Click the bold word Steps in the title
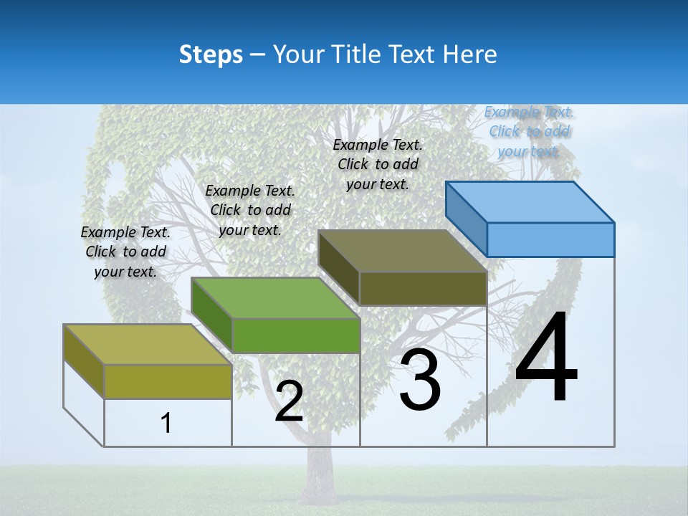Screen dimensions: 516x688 pyautogui.click(x=211, y=54)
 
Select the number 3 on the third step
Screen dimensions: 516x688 pyautogui.click(x=420, y=381)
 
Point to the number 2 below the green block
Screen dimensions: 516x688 pyautogui.click(x=289, y=401)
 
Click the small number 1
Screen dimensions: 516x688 pyautogui.click(x=166, y=423)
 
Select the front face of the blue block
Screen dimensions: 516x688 pyautogui.click(x=550, y=239)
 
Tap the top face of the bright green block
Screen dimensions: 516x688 pyautogui.click(x=275, y=297)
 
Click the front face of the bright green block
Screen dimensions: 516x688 pyautogui.click(x=296, y=335)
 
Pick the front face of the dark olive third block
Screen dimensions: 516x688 pyautogui.click(x=423, y=288)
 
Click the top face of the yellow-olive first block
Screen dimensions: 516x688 pyautogui.click(x=148, y=344)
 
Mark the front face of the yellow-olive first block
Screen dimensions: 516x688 pyautogui.click(x=168, y=381)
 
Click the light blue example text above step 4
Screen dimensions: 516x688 pyautogui.click(x=529, y=131)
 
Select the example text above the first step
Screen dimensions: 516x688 pyautogui.click(x=125, y=252)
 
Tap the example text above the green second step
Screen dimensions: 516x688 pyautogui.click(x=250, y=210)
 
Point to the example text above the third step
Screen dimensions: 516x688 pyautogui.click(x=378, y=164)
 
